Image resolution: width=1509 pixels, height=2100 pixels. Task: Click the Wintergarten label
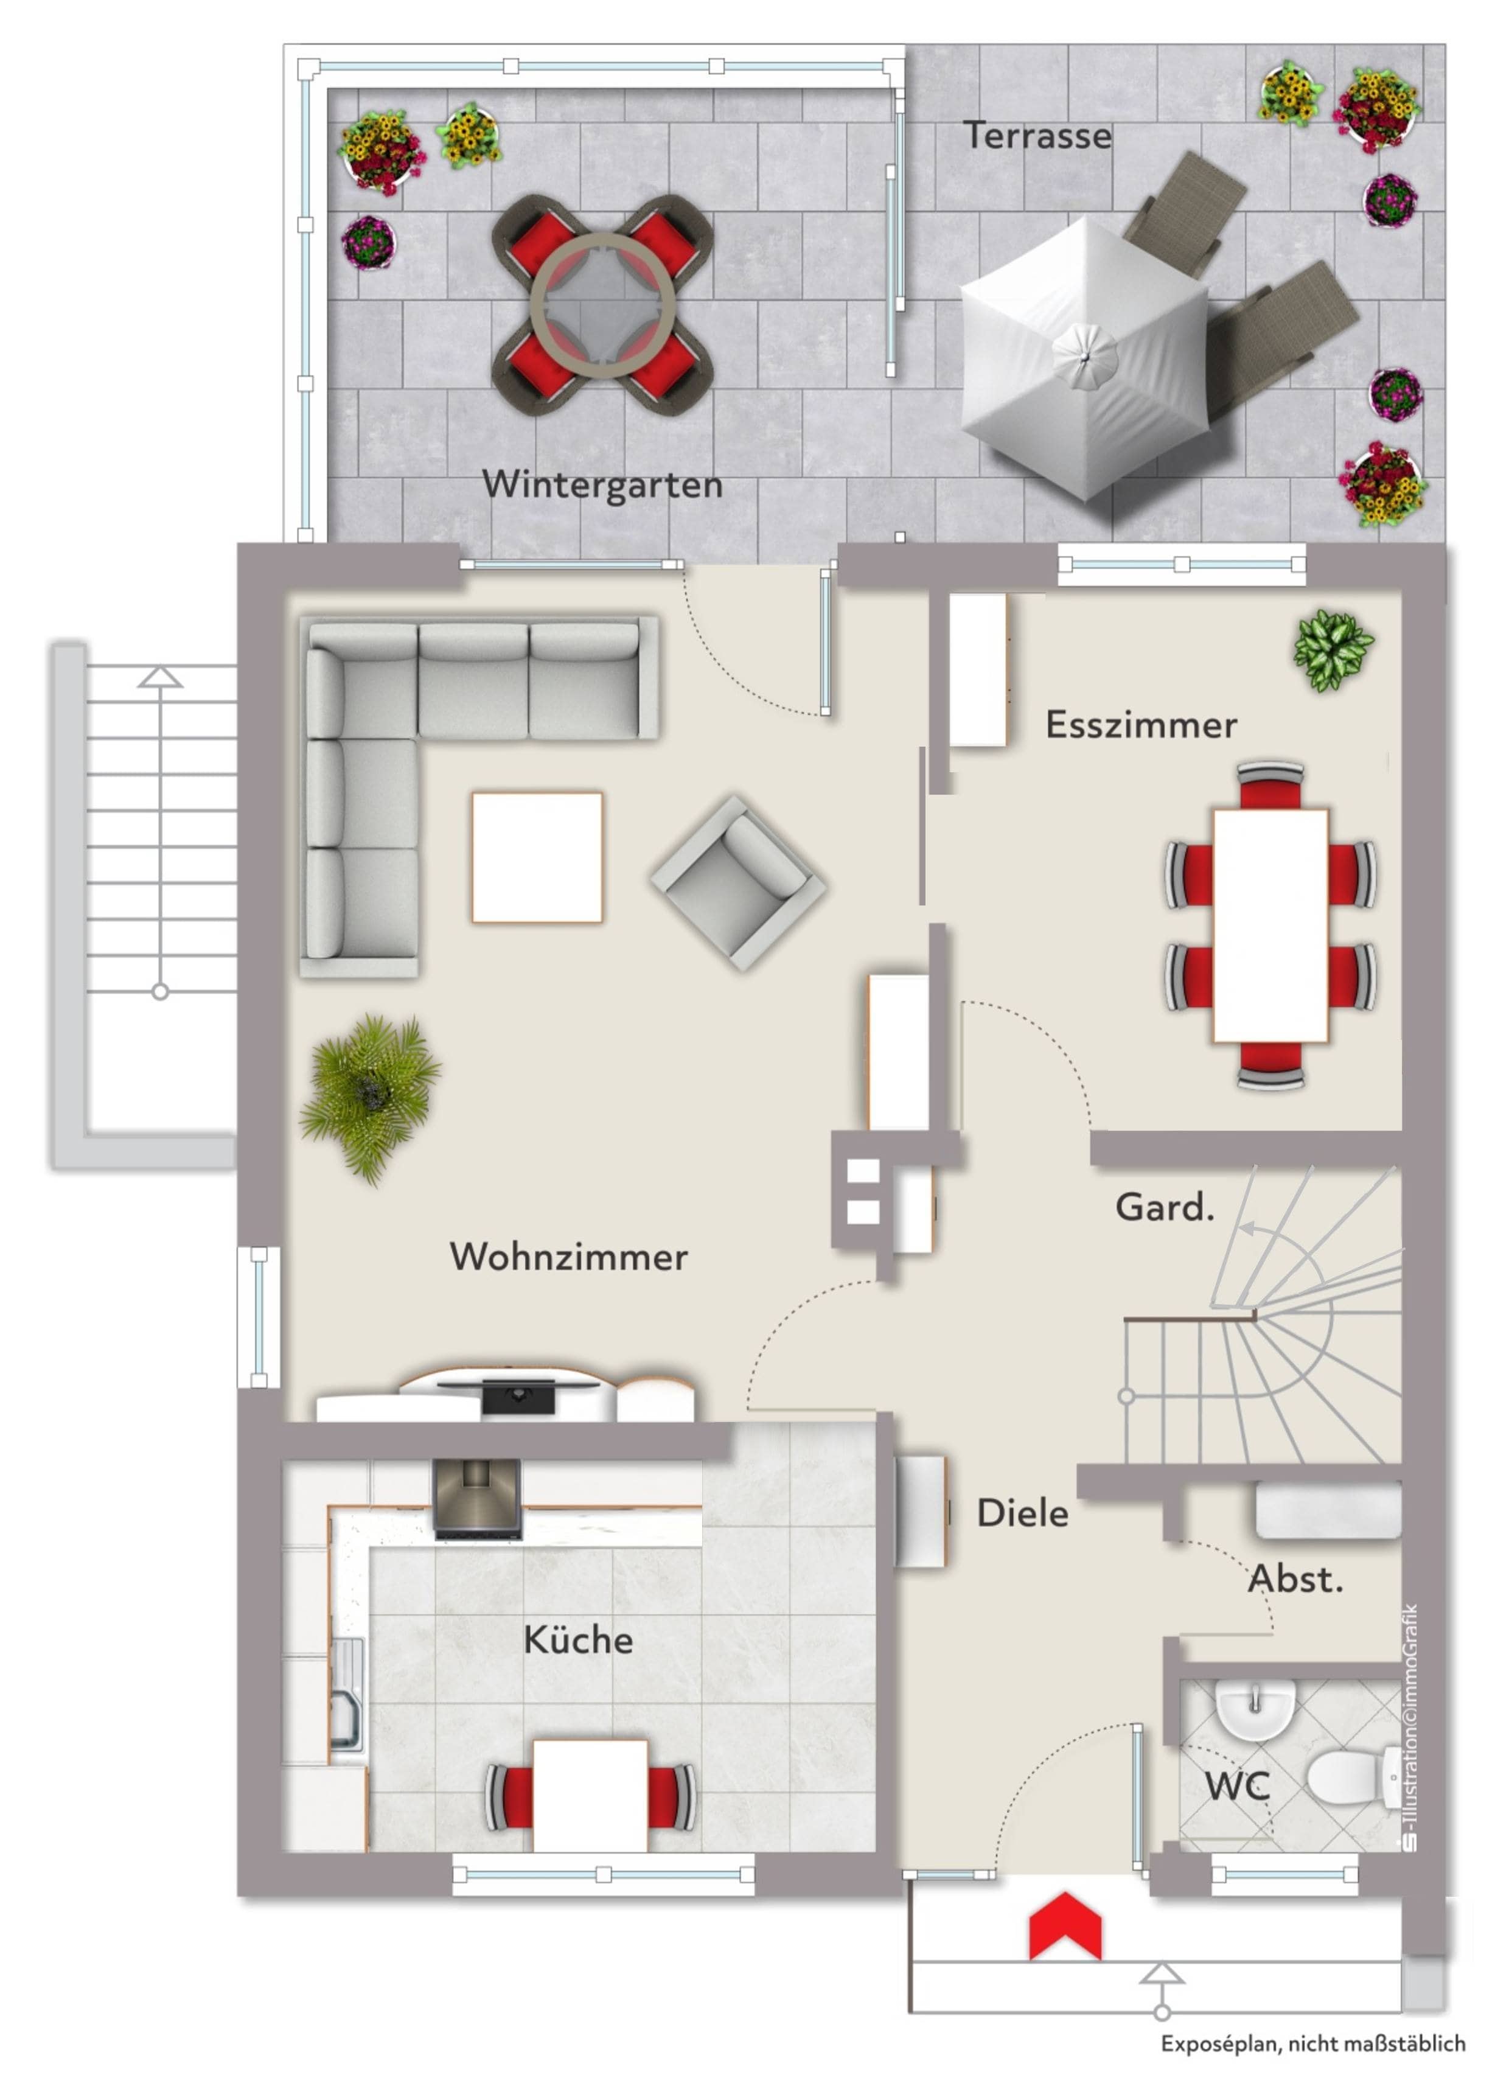602,485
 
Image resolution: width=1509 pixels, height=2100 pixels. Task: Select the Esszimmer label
1140,725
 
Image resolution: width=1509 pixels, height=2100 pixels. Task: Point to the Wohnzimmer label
568,1257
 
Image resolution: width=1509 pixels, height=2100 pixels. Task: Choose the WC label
1237,1786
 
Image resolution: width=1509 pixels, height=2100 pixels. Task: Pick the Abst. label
1295,1578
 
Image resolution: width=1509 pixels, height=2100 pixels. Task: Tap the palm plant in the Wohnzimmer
371,1098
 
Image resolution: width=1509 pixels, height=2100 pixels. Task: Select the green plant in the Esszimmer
1333,650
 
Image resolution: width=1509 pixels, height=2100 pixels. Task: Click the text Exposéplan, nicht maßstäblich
1312,2043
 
